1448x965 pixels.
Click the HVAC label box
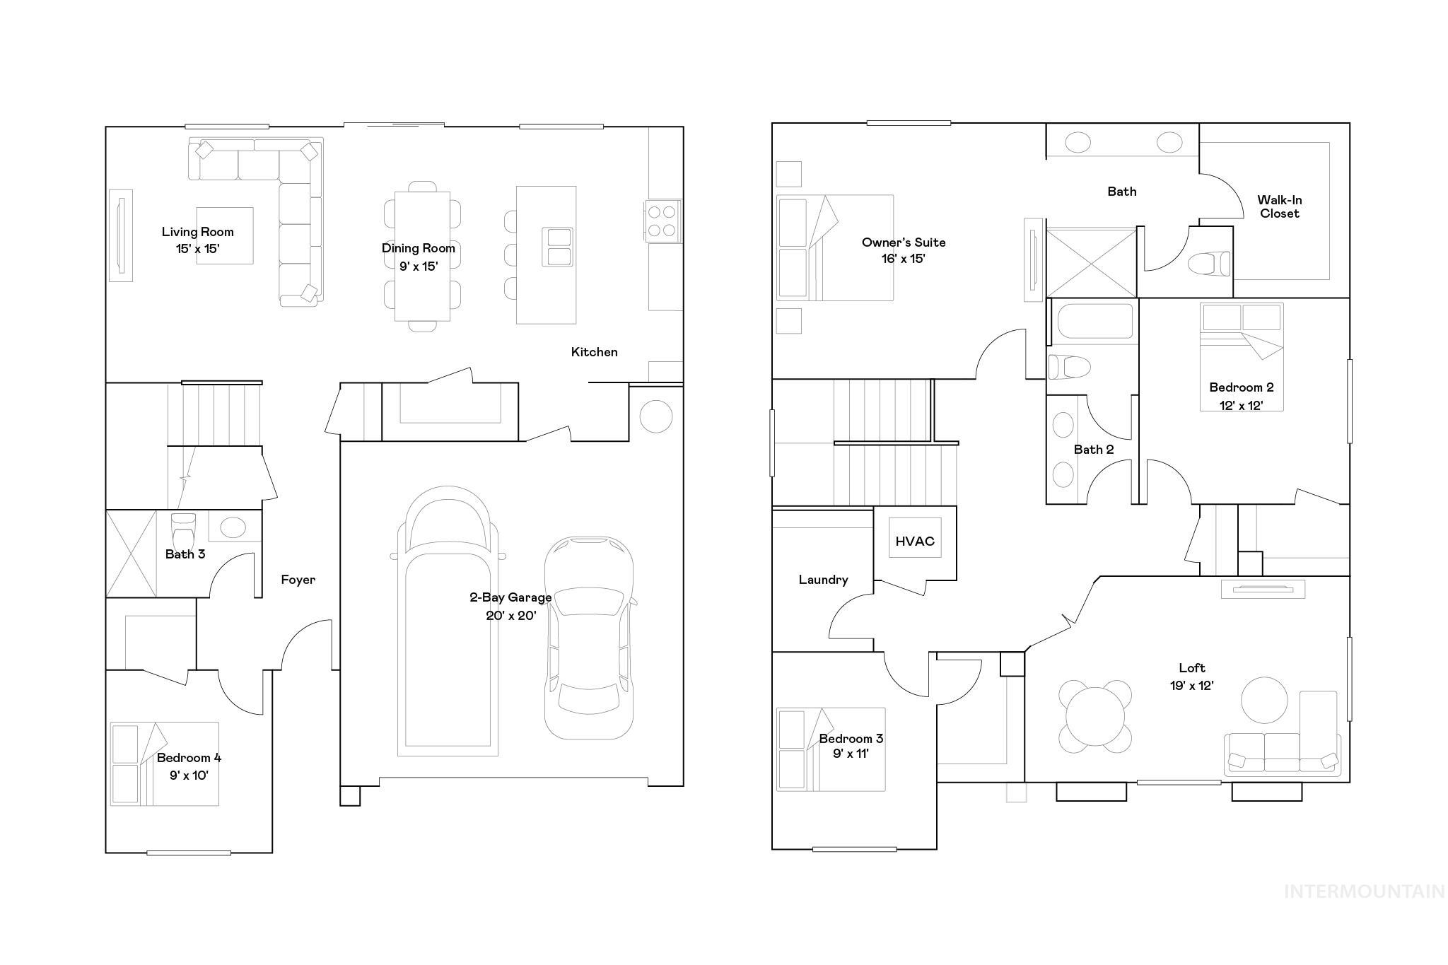point(915,541)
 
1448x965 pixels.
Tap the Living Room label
point(197,232)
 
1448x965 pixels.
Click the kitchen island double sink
point(558,247)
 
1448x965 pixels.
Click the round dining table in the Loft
point(1094,716)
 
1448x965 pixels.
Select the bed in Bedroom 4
point(164,764)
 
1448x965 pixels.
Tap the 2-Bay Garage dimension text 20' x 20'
point(510,616)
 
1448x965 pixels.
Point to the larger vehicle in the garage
point(448,622)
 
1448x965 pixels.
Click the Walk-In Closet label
point(1279,207)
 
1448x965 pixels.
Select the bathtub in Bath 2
point(1094,322)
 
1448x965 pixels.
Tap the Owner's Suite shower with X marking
point(1091,262)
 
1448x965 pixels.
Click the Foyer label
point(298,580)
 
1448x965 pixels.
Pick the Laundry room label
point(823,580)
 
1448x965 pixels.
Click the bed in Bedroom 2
point(1241,357)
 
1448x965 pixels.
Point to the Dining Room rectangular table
point(422,256)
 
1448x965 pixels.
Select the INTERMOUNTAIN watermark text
point(1364,891)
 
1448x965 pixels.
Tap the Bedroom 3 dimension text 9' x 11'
point(851,754)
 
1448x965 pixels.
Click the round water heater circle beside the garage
point(655,416)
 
